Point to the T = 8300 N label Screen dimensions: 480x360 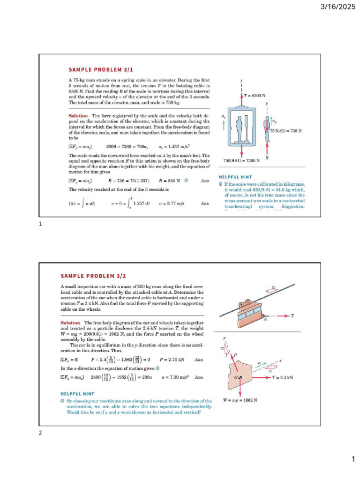point(255,95)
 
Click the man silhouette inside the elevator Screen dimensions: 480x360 point(240,127)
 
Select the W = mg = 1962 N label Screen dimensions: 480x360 point(240,400)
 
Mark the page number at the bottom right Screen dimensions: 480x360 point(353,460)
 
